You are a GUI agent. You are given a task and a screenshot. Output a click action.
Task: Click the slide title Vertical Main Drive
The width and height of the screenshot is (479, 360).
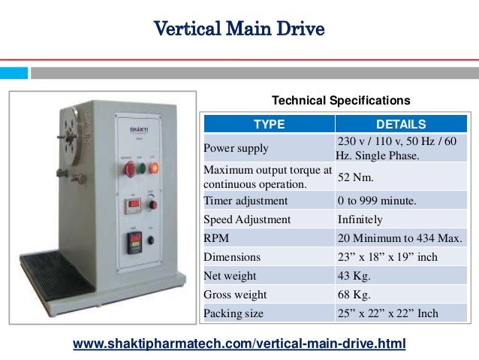(239, 30)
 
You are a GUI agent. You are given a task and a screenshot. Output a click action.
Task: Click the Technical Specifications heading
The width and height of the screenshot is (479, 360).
(340, 100)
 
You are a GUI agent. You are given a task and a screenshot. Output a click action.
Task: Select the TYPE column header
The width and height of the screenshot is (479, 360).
(268, 124)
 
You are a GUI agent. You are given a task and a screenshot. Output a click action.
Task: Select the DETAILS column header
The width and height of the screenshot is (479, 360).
(400, 124)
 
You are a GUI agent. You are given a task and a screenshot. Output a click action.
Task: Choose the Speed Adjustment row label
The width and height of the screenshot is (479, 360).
(247, 219)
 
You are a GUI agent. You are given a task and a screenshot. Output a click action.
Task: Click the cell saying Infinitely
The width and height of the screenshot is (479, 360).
(360, 219)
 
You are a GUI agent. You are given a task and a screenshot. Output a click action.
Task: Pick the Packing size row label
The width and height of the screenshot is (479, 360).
(233, 313)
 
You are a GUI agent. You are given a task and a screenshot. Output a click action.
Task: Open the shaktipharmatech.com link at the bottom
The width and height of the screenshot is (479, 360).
(239, 343)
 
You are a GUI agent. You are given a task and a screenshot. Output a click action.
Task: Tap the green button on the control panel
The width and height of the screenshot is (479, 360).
(141, 167)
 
